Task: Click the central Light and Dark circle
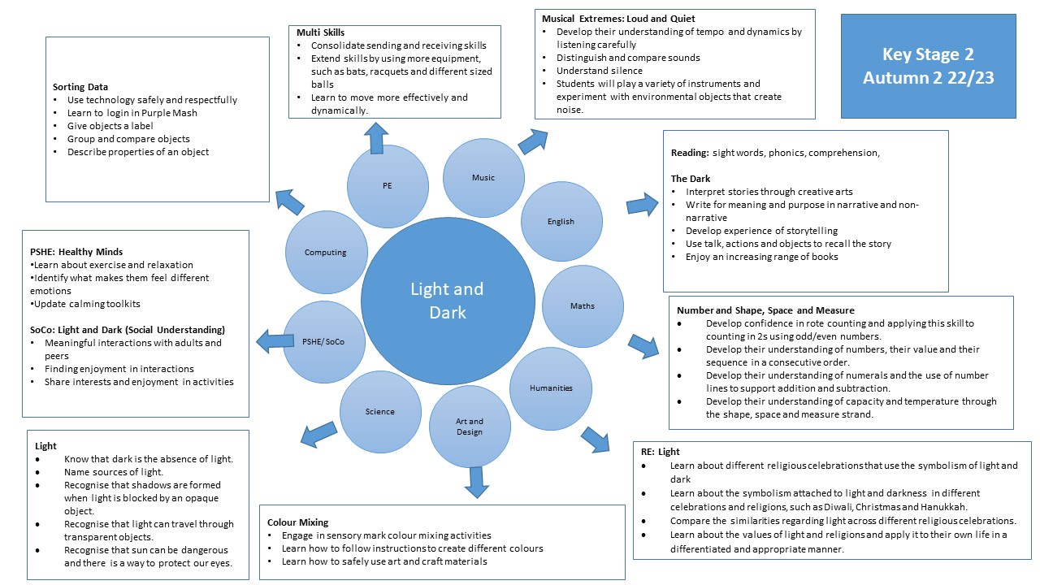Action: (x=446, y=300)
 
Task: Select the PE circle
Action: (x=387, y=186)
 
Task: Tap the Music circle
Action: (x=483, y=178)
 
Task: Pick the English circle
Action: (x=561, y=221)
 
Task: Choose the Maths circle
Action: (x=582, y=305)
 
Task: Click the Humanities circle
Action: (x=551, y=388)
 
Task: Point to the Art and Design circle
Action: (x=470, y=427)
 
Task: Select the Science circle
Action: (x=379, y=412)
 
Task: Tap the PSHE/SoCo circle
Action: (x=324, y=341)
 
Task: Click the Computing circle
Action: (x=326, y=253)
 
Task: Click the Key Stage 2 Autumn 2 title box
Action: (x=928, y=66)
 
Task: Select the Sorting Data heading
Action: (x=80, y=87)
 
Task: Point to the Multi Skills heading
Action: (x=321, y=32)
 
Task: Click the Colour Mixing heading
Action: (x=298, y=522)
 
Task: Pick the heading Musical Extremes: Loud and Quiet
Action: (x=618, y=19)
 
